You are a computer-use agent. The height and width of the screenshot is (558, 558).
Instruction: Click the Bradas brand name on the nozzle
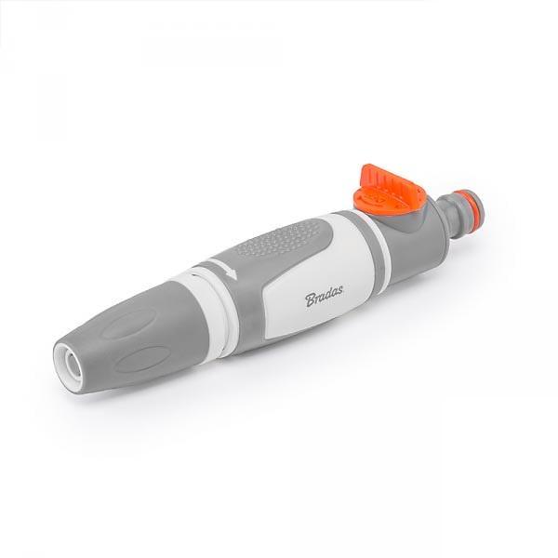click(x=324, y=295)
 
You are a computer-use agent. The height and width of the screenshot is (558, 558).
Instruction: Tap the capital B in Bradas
click(x=311, y=299)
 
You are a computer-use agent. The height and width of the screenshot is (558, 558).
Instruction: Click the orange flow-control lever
click(x=385, y=190)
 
